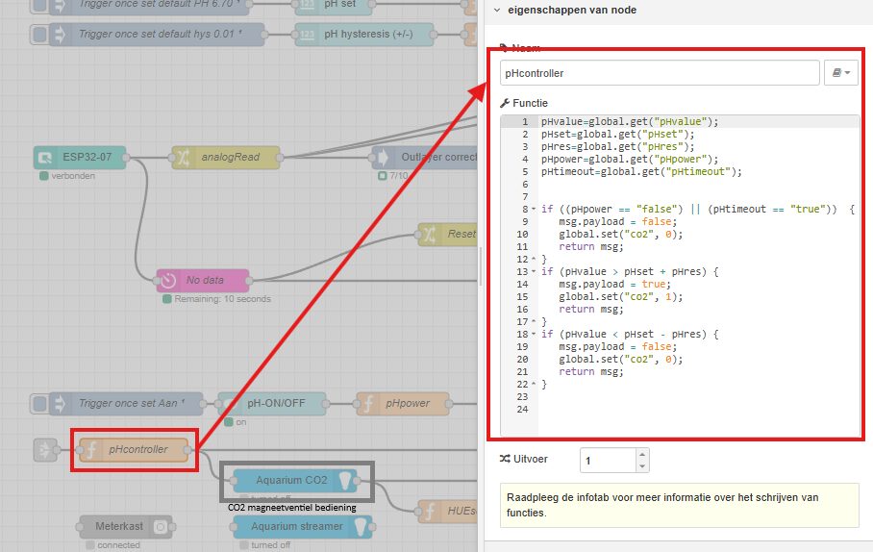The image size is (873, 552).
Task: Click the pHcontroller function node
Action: tap(135, 449)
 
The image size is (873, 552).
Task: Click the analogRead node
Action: tap(226, 157)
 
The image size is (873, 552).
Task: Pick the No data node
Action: tap(203, 280)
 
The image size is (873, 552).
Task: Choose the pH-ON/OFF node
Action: tap(272, 403)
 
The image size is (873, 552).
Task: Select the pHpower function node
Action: tap(403, 403)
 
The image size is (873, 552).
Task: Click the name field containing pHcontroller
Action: tap(659, 72)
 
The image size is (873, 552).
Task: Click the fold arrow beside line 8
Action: tap(532, 209)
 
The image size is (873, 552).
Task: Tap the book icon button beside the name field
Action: tap(841, 72)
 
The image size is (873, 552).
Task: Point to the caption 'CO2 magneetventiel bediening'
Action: tap(292, 507)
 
